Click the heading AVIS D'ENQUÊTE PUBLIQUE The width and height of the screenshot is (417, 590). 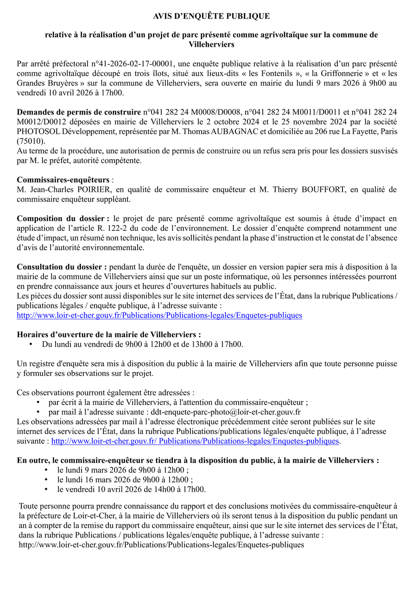pos(211,16)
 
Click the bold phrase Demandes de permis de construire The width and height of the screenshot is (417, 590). pos(79,112)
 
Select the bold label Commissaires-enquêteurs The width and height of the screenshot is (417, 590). pos(63,179)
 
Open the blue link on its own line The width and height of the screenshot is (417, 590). pos(159,315)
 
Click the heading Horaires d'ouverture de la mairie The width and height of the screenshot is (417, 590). pos(109,334)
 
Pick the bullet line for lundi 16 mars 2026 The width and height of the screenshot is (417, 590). pos(125,480)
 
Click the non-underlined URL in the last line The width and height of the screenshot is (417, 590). pos(161,545)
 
